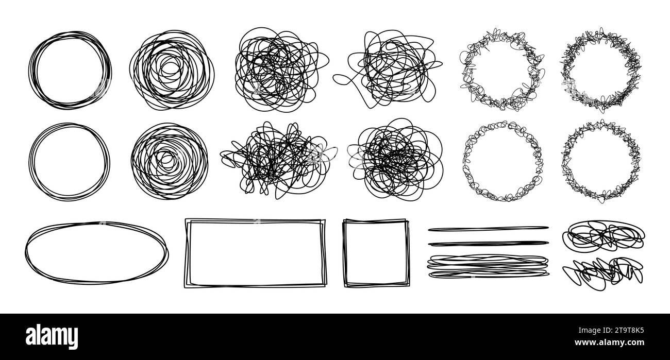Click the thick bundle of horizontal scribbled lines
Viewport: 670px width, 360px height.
pos(488,266)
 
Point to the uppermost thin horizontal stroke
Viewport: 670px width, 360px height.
pos(488,227)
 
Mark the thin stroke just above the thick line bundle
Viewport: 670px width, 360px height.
pos(488,243)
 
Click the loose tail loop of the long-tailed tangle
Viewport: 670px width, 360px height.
pos(346,79)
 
